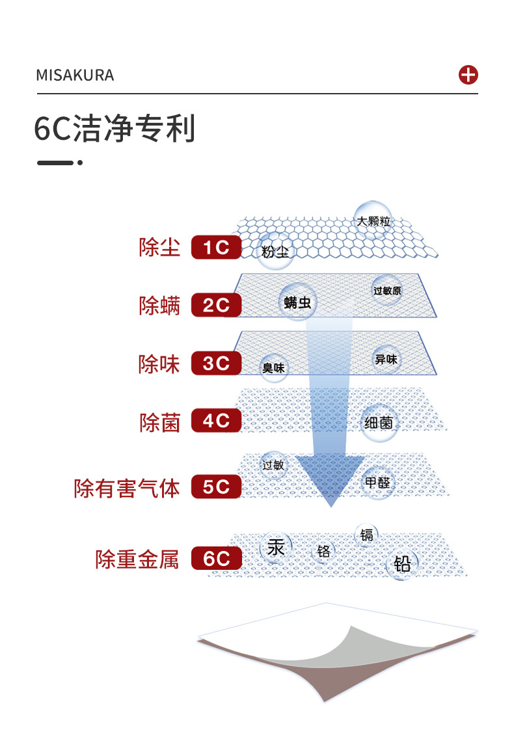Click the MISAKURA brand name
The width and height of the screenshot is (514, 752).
[75, 75]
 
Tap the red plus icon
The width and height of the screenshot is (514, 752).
[468, 75]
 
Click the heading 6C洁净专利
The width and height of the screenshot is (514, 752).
[115, 129]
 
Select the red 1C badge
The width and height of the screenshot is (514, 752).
[216, 248]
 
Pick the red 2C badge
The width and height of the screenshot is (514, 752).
[216, 305]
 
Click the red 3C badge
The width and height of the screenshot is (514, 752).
[216, 364]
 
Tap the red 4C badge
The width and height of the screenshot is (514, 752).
[216, 422]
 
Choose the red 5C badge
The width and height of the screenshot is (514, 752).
[216, 487]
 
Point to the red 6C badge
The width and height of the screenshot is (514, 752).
[216, 559]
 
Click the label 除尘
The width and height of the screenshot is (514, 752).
[159, 248]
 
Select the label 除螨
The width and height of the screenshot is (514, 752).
[159, 305]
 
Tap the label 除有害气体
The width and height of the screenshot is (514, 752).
[127, 488]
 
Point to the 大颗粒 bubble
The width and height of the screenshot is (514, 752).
[373, 221]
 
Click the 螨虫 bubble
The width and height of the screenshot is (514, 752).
[297, 302]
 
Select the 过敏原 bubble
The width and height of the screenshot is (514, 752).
[387, 291]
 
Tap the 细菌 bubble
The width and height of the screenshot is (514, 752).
[379, 423]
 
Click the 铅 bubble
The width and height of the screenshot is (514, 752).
[403, 563]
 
